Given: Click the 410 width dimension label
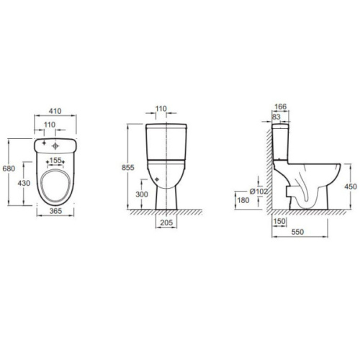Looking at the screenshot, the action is pyautogui.click(x=55, y=111).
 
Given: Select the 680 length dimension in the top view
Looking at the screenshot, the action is pyautogui.click(x=9, y=168).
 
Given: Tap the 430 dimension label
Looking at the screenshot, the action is pyautogui.click(x=24, y=183).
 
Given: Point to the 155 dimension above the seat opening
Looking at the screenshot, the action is pyautogui.click(x=55, y=160).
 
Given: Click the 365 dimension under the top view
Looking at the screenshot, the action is pyautogui.click(x=55, y=211).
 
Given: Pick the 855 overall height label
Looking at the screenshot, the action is pyautogui.click(x=128, y=168).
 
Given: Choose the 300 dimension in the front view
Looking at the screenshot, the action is pyautogui.click(x=142, y=194).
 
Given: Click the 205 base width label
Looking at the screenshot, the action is pyautogui.click(x=166, y=222).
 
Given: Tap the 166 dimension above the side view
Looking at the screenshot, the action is pyautogui.click(x=281, y=107).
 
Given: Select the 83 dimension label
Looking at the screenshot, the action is pyautogui.click(x=276, y=117).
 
